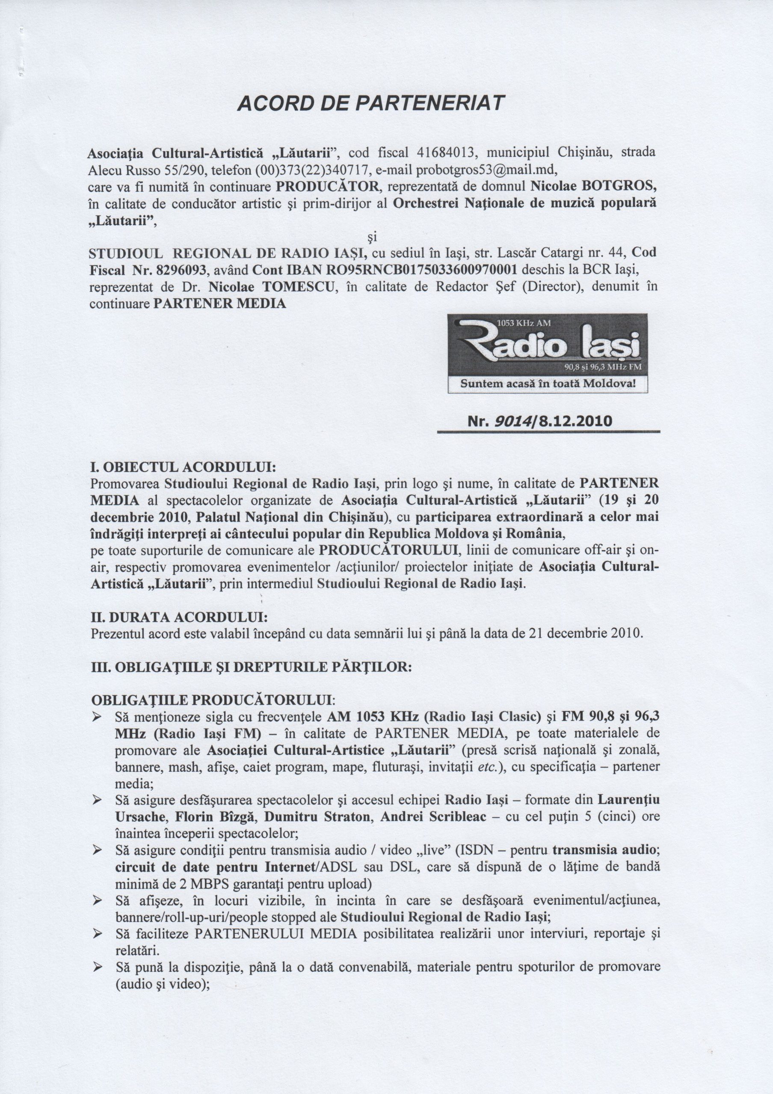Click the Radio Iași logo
548,345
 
